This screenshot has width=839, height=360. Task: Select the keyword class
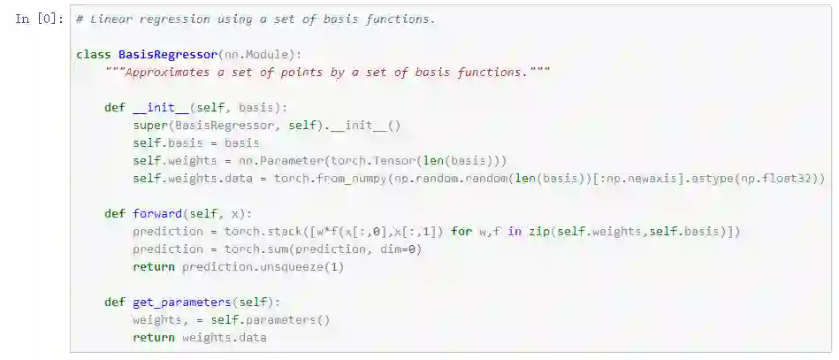point(94,55)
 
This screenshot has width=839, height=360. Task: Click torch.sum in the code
point(253,249)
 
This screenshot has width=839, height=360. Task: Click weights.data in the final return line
point(225,338)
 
